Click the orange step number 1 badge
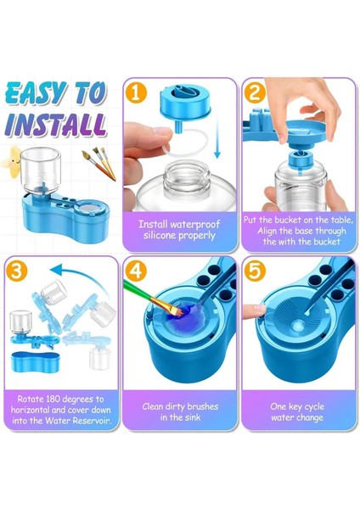(136, 92)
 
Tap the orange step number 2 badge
(255, 92)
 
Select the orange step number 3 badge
(17, 270)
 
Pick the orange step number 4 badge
(136, 270)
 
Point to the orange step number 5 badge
(255, 270)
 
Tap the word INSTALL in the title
(55, 125)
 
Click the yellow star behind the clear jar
(13, 161)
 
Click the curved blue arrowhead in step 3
(57, 270)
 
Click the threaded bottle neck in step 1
(184, 180)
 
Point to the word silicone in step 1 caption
(160, 235)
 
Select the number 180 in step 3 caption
(53, 399)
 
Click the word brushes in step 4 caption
(203, 406)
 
